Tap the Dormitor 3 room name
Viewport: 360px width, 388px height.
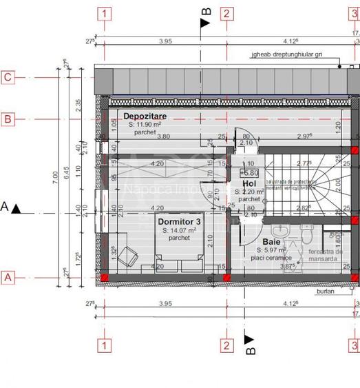tap(180, 222)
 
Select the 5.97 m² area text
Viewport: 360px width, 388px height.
tap(275, 250)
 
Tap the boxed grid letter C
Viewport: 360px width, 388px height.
tap(8, 77)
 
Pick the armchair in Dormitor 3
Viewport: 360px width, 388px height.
tap(127, 257)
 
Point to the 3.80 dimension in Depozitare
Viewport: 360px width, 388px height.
tap(163, 136)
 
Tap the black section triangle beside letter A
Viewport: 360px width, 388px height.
tap(17, 207)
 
